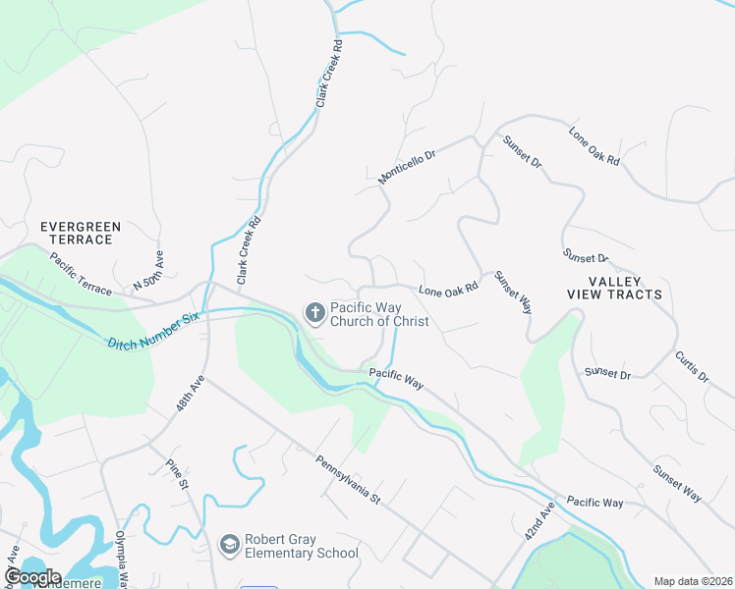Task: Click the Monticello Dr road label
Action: point(407,168)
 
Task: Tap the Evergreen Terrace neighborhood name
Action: point(81,233)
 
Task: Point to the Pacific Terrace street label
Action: point(81,278)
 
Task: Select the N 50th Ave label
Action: point(148,270)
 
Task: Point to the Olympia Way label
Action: point(125,555)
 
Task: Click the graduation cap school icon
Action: point(230,545)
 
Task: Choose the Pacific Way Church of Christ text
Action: point(379,314)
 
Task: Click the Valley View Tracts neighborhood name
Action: point(614,288)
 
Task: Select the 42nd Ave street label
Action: point(539,519)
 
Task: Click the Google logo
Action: point(32,577)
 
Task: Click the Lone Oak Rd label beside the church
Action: point(448,290)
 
